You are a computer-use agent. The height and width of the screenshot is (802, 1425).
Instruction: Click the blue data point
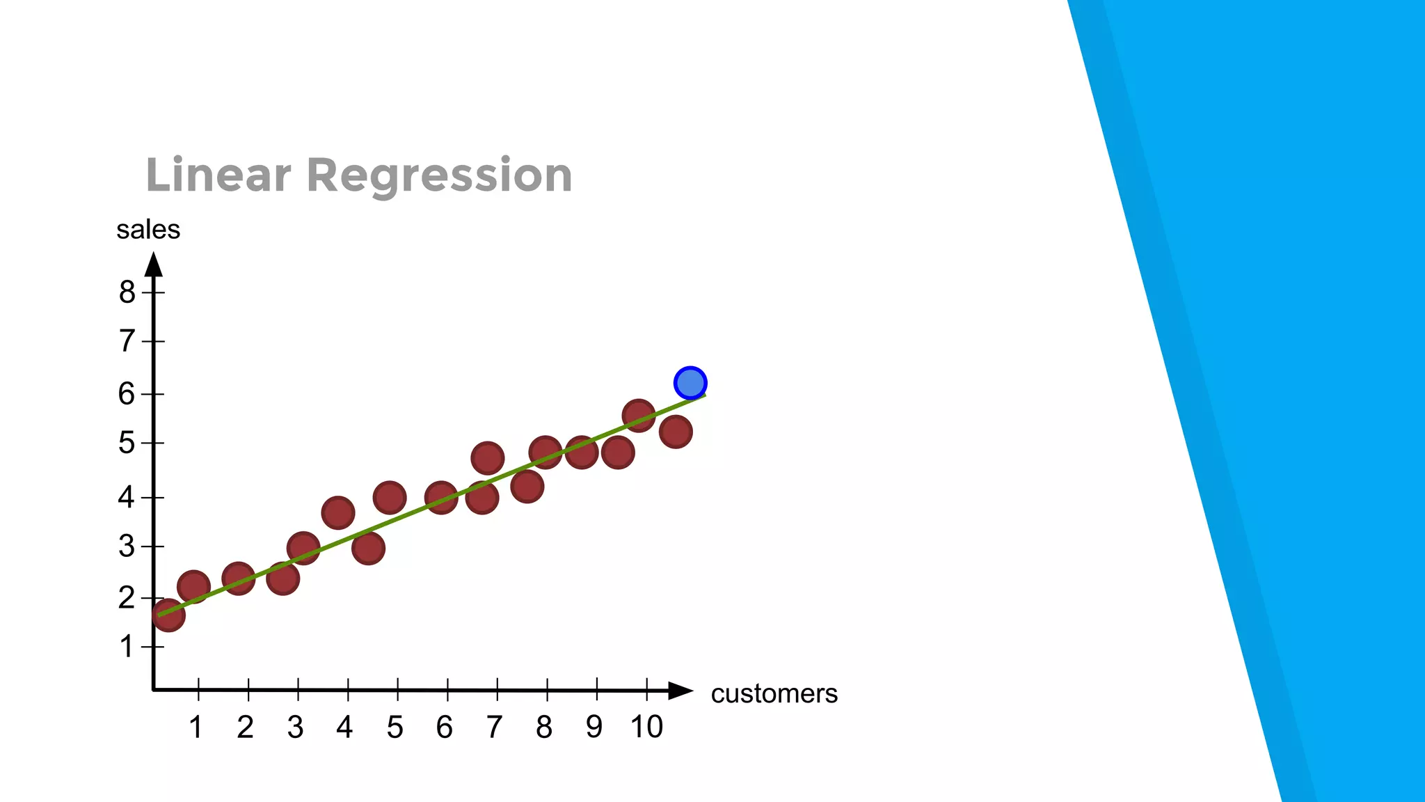(x=690, y=383)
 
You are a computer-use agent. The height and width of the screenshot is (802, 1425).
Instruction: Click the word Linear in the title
(x=218, y=175)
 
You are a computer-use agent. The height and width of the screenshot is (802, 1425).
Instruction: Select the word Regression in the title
(x=439, y=176)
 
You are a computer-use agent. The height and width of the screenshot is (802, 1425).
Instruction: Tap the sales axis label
(x=148, y=230)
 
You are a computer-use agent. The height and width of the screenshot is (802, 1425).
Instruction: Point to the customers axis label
(x=774, y=693)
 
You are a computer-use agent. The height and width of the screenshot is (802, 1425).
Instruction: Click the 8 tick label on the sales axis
(x=127, y=292)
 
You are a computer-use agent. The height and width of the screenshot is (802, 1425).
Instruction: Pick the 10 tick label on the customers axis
(x=646, y=727)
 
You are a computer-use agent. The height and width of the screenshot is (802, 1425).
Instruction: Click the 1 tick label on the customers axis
(x=196, y=727)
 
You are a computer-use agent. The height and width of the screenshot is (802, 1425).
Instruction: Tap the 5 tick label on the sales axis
(x=127, y=443)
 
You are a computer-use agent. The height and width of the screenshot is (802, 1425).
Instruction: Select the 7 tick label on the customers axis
(x=494, y=727)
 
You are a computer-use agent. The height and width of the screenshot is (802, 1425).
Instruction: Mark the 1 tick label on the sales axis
(x=127, y=647)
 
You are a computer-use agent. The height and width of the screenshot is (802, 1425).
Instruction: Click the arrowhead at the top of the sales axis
(x=154, y=265)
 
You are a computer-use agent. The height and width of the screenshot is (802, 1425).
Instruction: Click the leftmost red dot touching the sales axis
(x=168, y=615)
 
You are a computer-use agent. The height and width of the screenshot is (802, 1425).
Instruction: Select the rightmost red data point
(x=675, y=432)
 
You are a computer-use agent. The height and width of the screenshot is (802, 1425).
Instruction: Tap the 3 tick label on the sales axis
(x=127, y=547)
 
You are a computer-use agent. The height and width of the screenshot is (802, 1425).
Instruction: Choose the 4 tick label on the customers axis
(x=344, y=727)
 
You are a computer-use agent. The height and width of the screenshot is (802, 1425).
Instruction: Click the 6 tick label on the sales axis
(x=127, y=394)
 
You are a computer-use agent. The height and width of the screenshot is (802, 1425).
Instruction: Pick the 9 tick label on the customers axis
(x=594, y=727)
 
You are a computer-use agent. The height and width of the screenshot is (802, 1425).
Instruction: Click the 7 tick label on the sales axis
(x=127, y=341)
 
